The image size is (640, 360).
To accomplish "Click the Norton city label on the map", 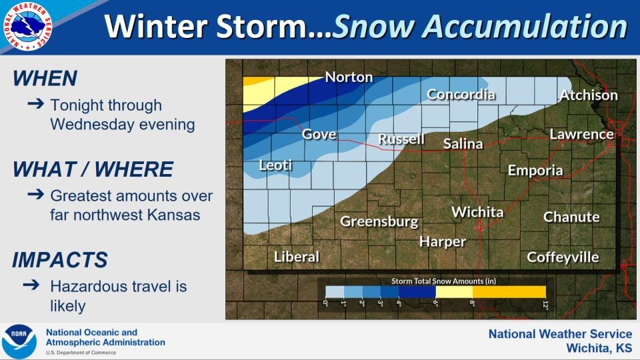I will coord(349,77).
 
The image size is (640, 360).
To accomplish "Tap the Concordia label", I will coord(461,94).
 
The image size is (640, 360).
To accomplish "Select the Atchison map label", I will coord(588,95).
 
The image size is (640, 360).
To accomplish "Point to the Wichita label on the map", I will coord(477,212).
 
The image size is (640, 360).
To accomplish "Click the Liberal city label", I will coord(297,257).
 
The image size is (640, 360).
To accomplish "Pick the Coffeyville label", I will coord(563,257).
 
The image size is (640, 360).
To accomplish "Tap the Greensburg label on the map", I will coord(379,221).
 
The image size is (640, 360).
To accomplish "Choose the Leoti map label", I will coord(275,165).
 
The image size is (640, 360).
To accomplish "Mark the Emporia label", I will coord(535,170).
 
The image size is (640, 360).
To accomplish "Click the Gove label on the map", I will coord(319,134).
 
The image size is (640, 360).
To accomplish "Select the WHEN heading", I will coord(45,79).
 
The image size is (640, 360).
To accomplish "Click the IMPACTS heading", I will coord(60,259).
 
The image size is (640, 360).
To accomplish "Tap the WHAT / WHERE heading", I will coord(93,169).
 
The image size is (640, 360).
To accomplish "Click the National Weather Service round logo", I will coord(28,27).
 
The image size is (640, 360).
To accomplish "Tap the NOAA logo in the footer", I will coord(19,341).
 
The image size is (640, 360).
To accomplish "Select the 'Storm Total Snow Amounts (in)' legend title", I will coord(435,281).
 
